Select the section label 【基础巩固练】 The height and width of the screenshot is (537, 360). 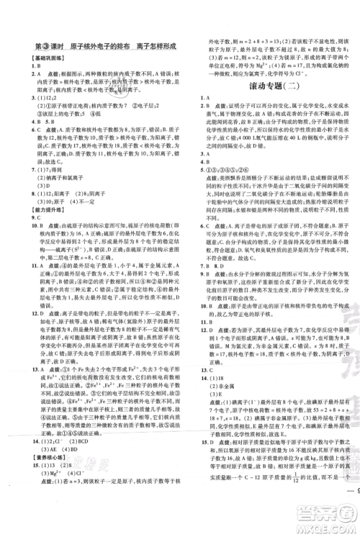(x=41, y=57)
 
